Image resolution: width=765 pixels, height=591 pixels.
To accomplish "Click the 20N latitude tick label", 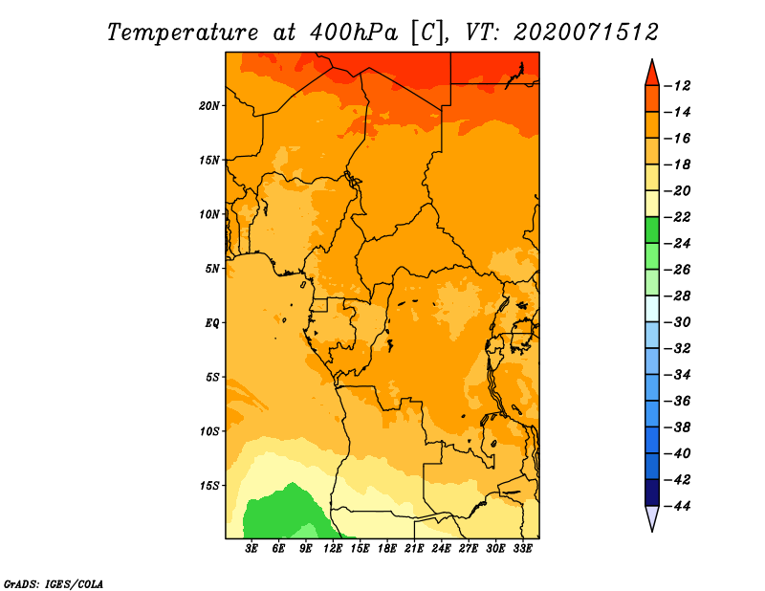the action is [x=209, y=106].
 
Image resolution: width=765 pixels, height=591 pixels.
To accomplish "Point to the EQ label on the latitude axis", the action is [x=212, y=323].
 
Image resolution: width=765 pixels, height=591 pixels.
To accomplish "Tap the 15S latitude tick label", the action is [x=209, y=486].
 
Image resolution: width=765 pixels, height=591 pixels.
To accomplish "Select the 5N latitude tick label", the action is [x=212, y=269].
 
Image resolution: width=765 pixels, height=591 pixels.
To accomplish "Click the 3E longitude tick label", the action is [x=251, y=549].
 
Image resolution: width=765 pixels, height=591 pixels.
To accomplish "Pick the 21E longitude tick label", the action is [x=414, y=549].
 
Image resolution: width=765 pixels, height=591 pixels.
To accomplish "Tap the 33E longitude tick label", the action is [x=522, y=549].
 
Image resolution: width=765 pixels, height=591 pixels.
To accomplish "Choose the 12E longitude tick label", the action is [x=333, y=549].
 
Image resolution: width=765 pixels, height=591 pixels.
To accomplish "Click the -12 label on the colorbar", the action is [x=677, y=86].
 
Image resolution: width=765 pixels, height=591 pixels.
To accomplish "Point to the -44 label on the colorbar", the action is [x=677, y=506].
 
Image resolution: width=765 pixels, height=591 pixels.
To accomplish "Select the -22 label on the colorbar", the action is [x=677, y=217].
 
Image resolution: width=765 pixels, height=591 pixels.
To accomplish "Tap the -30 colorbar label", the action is [x=677, y=322].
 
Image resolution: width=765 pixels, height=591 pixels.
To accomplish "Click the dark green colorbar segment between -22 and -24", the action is [x=652, y=230].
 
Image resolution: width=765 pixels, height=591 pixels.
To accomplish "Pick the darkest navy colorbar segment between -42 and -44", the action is [x=652, y=492].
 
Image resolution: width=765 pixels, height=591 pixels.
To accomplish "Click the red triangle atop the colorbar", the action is [x=652, y=75].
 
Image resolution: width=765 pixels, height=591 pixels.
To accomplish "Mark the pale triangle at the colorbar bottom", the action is [x=652, y=517].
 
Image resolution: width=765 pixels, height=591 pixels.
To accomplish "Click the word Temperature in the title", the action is [x=183, y=33].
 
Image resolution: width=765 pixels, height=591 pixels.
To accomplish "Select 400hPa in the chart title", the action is [x=355, y=33].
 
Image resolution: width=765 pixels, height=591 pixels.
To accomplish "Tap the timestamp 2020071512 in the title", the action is [x=586, y=33].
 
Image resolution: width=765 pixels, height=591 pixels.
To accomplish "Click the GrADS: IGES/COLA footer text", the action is [x=54, y=583].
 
